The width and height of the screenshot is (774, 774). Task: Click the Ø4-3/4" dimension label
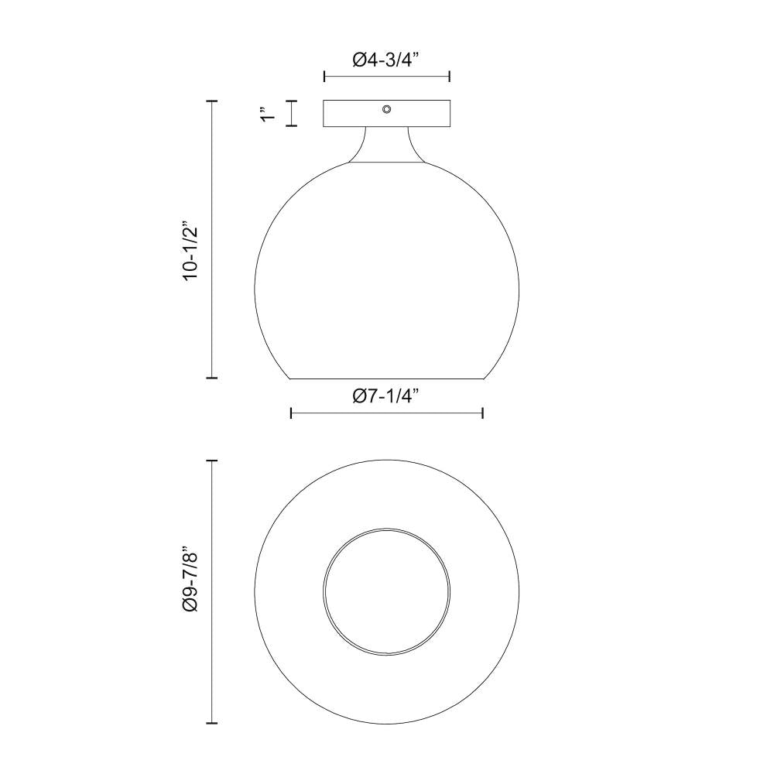pyautogui.click(x=385, y=60)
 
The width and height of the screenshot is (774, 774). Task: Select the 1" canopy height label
pyautogui.click(x=269, y=114)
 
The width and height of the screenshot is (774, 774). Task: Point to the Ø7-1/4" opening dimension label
pyautogui.click(x=385, y=396)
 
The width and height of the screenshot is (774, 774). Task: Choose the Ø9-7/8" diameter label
pyautogui.click(x=191, y=581)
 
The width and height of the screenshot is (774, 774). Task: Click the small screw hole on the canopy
pyautogui.click(x=386, y=109)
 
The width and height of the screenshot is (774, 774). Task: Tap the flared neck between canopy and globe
pyautogui.click(x=386, y=146)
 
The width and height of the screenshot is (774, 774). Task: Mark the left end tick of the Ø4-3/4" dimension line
pyautogui.click(x=324, y=77)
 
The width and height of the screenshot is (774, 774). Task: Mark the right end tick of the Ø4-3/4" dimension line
pyautogui.click(x=450, y=77)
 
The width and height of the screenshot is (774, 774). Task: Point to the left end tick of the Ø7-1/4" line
pyautogui.click(x=291, y=413)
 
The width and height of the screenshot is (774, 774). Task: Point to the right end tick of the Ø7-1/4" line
pyautogui.click(x=483, y=413)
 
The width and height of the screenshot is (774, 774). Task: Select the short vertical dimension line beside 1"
pyautogui.click(x=292, y=114)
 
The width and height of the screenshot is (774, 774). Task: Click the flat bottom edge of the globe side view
pyautogui.click(x=386, y=378)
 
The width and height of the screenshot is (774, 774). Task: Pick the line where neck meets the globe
pyautogui.click(x=386, y=163)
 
